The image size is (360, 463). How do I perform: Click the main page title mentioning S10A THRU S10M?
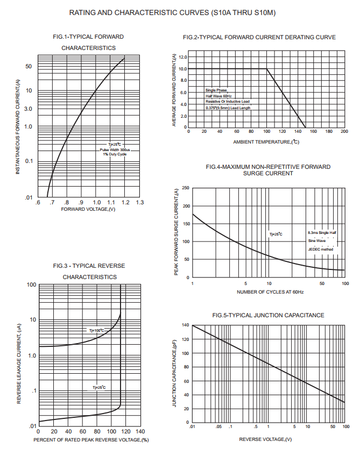click(180, 12)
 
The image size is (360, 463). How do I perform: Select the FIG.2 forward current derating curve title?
click(259, 37)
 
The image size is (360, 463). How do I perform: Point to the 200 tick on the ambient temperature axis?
click(344, 131)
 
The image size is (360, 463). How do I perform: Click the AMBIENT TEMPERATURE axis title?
click(266, 142)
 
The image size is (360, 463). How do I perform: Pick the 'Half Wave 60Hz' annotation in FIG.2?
click(218, 96)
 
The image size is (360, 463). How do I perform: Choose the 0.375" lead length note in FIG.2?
click(228, 108)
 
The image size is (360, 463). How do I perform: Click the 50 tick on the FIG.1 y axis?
click(29, 67)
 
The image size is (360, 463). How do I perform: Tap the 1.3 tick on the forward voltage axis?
click(140, 202)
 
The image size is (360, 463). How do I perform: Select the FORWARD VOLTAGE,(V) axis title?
click(89, 209)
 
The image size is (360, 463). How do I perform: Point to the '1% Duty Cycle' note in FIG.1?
click(115, 154)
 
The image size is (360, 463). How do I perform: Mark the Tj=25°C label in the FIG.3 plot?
click(99, 387)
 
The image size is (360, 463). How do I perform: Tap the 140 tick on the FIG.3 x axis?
click(140, 432)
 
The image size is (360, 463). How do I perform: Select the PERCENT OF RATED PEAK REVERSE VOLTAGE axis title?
click(91, 440)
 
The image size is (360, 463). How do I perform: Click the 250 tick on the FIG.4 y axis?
click(185, 188)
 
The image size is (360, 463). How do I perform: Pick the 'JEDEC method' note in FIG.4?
click(321, 250)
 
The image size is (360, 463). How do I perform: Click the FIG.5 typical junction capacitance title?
click(268, 315)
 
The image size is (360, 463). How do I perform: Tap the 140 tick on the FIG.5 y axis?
click(185, 325)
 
